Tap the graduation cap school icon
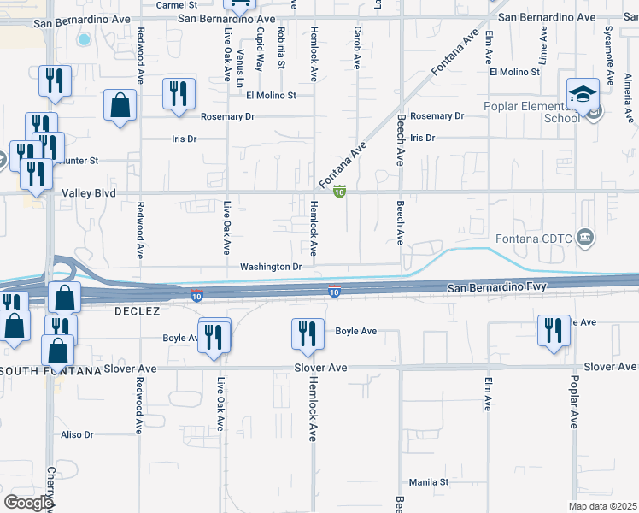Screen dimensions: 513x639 tap(583, 94)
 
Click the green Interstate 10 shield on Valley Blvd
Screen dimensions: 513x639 tap(339, 192)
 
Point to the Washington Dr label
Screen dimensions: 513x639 tap(271, 267)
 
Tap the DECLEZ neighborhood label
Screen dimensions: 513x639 tap(137, 312)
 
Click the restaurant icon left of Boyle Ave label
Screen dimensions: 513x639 tap(308, 333)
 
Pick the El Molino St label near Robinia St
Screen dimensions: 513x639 tap(271, 96)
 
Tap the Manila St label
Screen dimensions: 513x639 tap(428, 482)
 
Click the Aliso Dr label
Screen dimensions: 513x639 tap(76, 434)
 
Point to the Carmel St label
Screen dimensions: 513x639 tap(178, 4)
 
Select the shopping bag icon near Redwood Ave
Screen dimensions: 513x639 tap(120, 106)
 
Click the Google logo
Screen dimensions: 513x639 tap(28, 503)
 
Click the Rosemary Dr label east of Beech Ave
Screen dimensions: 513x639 tap(437, 115)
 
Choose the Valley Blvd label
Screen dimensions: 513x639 tap(88, 194)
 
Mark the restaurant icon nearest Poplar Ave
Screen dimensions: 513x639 tap(553, 330)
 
